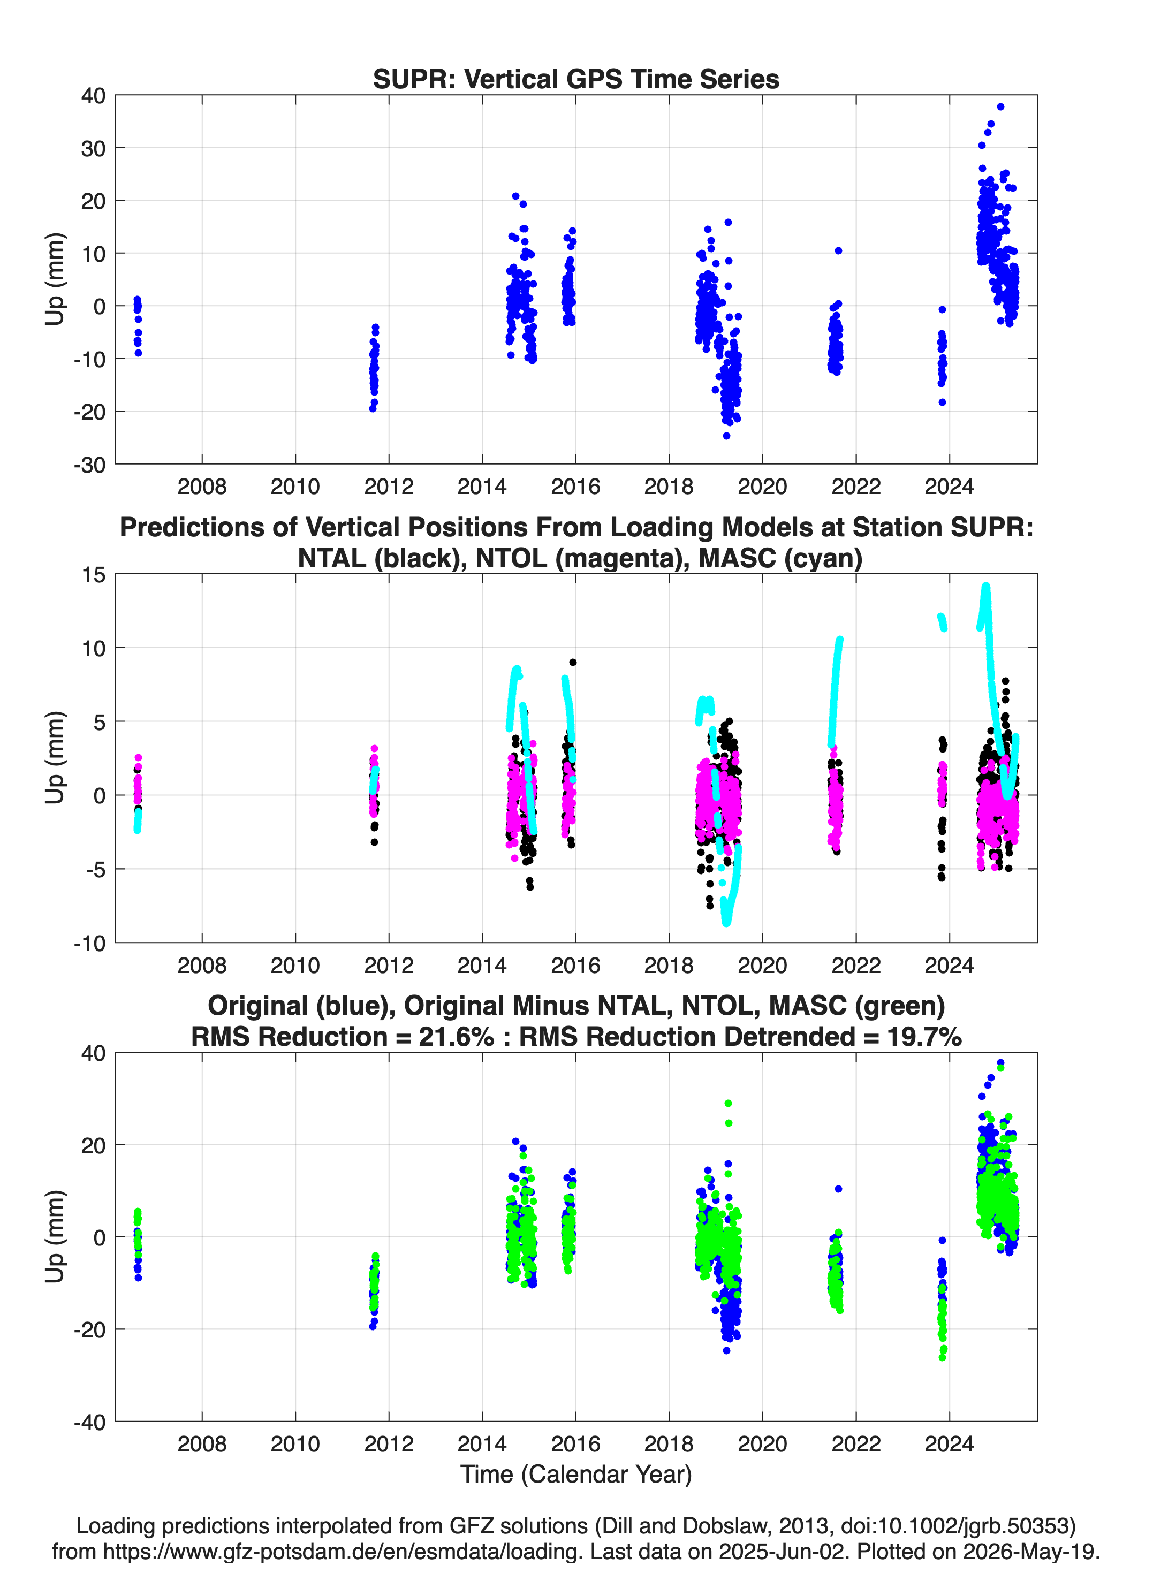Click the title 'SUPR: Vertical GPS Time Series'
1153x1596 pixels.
tap(576, 79)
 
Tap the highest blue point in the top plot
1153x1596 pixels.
tap(1000, 107)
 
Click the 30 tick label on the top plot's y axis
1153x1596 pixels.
tap(93, 148)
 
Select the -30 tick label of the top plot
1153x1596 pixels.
tap(89, 465)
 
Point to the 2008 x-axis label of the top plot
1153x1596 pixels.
tap(202, 487)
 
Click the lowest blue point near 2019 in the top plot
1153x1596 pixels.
tap(726, 436)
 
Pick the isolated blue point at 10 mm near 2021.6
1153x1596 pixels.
tap(838, 250)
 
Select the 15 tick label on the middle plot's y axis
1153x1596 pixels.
tap(94, 575)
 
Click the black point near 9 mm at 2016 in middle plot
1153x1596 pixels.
tap(573, 662)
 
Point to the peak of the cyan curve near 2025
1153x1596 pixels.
tap(986, 586)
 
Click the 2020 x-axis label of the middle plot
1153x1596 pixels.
tap(762, 965)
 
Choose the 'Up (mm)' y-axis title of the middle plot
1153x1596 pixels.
tap(55, 758)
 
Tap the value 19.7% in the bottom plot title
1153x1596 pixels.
tap(924, 1037)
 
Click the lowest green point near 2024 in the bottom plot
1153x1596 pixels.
tap(942, 1357)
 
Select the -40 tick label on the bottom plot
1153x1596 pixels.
tap(89, 1422)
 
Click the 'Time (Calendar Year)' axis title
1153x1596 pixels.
tap(576, 1475)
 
